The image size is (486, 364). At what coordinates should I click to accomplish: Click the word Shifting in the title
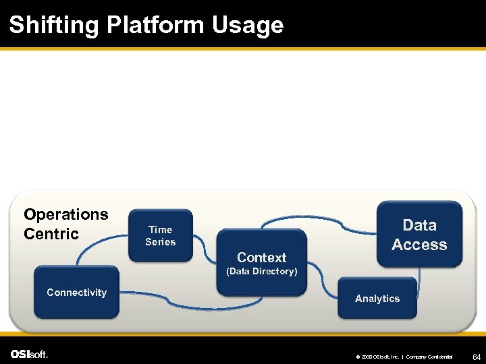click(54, 26)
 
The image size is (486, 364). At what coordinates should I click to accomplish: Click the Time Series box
click(160, 235)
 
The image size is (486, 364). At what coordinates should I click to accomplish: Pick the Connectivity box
click(76, 293)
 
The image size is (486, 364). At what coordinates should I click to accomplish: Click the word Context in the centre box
click(261, 257)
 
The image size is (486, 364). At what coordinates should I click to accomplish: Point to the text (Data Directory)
click(261, 271)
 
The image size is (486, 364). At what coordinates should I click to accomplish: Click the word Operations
click(65, 214)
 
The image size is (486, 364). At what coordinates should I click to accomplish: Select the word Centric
click(51, 234)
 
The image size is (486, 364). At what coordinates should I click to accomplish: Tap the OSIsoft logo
click(29, 354)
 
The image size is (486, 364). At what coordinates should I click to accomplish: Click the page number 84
click(476, 355)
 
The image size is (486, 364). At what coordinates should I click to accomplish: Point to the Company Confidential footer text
click(429, 356)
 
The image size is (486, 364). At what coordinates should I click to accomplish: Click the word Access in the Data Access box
click(419, 245)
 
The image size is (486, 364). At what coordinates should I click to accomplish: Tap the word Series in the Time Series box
click(160, 242)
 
